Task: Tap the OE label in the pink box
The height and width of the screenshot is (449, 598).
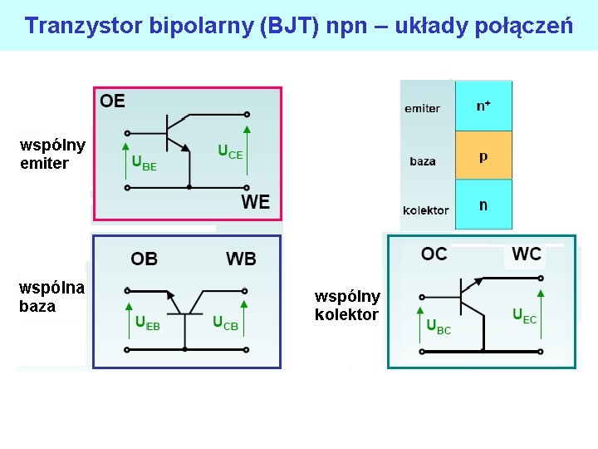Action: pos(112,101)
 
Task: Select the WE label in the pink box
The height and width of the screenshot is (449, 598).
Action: pos(255,201)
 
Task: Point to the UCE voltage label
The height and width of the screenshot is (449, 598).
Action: pos(230,151)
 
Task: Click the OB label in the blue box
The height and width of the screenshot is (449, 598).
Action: pos(144,259)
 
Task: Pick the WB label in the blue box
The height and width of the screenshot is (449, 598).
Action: pos(241,259)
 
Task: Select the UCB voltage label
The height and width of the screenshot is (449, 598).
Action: pos(225,323)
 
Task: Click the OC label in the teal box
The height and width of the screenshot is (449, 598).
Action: pos(434,254)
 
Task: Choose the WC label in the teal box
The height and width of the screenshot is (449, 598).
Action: pos(527,254)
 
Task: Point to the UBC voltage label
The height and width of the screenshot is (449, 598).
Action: pos(439,327)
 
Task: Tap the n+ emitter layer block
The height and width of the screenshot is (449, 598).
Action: pos(483,106)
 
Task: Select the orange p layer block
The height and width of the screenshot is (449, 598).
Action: pos(483,156)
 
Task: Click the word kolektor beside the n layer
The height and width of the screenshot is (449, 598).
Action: pos(425,210)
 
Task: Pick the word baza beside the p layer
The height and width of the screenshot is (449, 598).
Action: pos(423,161)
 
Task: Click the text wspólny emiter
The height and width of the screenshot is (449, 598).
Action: pos(51,155)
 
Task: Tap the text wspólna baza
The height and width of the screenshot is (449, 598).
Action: pos(51,297)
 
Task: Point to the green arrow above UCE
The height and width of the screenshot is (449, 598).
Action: pos(247,137)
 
